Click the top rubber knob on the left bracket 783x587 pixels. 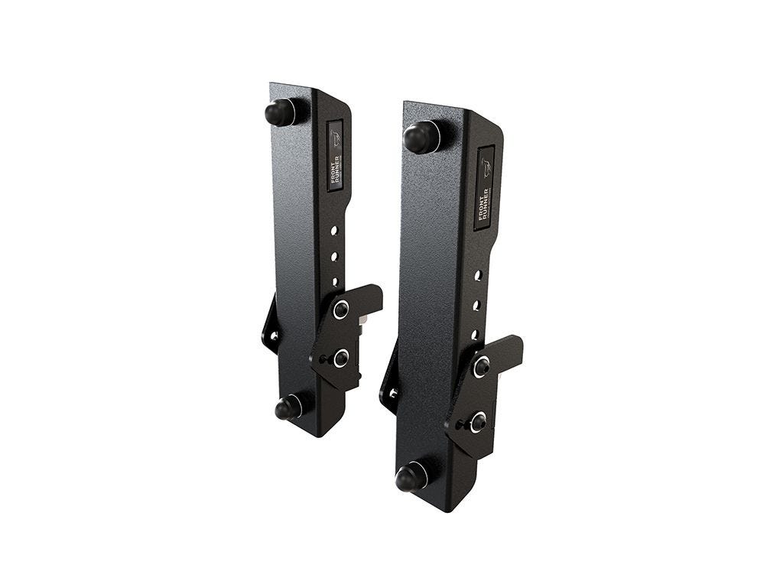coord(281,112)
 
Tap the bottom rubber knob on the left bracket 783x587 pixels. coord(288,408)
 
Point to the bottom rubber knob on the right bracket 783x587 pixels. coord(411,478)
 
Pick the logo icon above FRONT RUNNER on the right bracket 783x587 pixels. coord(487,169)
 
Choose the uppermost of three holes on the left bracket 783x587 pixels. coord(334,229)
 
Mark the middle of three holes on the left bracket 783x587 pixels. coord(334,255)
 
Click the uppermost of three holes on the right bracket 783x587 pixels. coord(478,274)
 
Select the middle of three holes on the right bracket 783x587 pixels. coord(476,305)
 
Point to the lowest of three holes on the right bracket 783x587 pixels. coord(474,334)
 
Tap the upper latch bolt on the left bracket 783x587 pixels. coord(341,310)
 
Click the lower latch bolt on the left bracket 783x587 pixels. coord(340,357)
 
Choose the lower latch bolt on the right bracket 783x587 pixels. coord(478,420)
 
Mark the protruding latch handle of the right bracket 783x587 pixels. coord(509,349)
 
